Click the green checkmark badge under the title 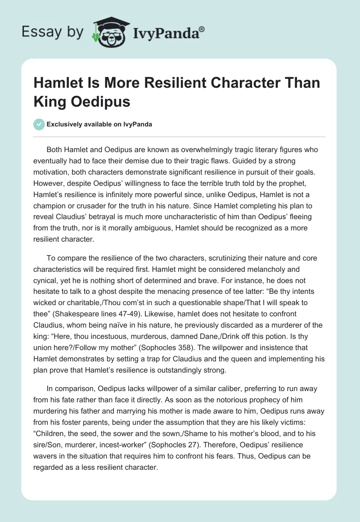pos(39,124)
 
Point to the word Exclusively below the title pos(65,124)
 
